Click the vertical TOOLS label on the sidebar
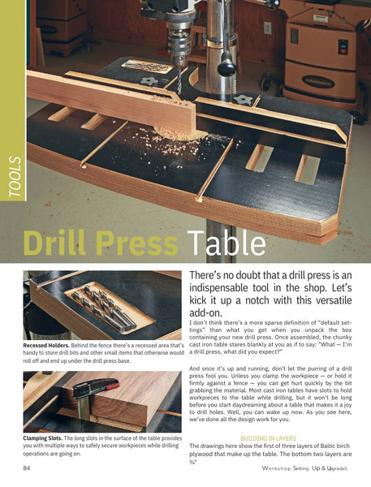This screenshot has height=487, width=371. pyautogui.click(x=15, y=177)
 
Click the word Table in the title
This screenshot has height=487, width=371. pyautogui.click(x=226, y=243)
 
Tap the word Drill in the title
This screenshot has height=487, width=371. pyautogui.click(x=54, y=243)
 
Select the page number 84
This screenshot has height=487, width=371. pyautogui.click(x=27, y=468)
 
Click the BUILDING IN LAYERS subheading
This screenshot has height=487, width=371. pyautogui.click(x=269, y=438)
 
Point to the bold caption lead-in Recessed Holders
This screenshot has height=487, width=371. pyautogui.click(x=46, y=346)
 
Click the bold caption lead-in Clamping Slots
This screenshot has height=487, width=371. pyautogui.click(x=42, y=438)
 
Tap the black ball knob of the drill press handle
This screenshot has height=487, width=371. pyautogui.click(x=226, y=67)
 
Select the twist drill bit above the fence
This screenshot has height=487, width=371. pyautogui.click(x=179, y=80)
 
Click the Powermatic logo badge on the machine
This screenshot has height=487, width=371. pyautogui.click(x=318, y=82)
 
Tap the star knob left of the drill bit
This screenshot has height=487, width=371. pyautogui.click(x=149, y=81)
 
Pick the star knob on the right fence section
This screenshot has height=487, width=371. pyautogui.click(x=242, y=100)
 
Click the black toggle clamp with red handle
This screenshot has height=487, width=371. pyautogui.click(x=95, y=387)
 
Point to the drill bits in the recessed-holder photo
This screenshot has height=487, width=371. pyautogui.click(x=105, y=308)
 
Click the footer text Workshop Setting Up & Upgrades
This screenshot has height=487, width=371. pyautogui.click(x=304, y=468)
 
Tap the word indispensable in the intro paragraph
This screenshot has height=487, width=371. pyautogui.click(x=219, y=287)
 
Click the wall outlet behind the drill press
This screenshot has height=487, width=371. pyautogui.click(x=268, y=28)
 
